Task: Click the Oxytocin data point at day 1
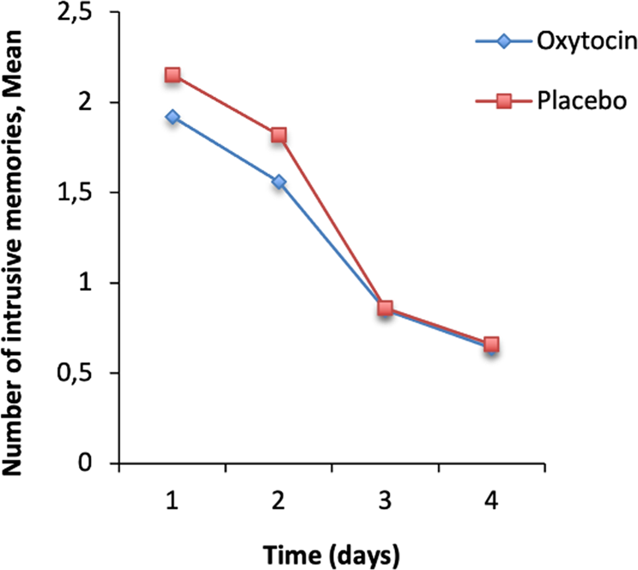(x=173, y=116)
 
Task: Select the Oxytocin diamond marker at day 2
(x=278, y=182)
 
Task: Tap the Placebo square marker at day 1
(x=173, y=75)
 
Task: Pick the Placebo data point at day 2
(x=278, y=135)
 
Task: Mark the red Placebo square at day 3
(x=385, y=308)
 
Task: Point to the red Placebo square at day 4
(x=490, y=345)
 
